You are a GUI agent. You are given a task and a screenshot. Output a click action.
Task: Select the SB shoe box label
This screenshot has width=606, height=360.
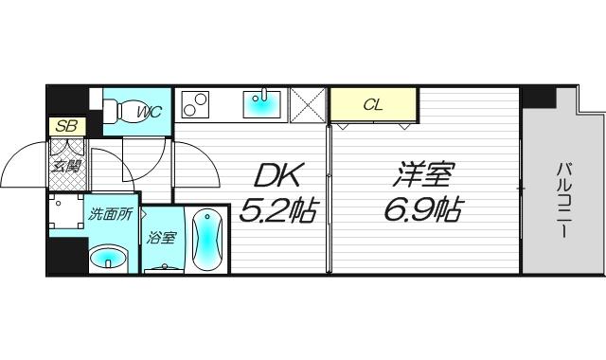pos(64,126)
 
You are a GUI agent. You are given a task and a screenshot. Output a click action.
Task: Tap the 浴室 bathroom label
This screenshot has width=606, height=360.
pos(160,237)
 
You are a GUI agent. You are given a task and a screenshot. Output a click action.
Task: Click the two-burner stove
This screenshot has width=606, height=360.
pos(196,104)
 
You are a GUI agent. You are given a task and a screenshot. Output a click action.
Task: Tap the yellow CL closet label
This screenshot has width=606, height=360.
pos(373,104)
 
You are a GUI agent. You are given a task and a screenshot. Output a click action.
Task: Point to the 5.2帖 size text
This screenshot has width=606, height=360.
pos(277,210)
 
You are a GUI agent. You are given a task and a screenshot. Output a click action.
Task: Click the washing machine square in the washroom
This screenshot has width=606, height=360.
pos(66,213)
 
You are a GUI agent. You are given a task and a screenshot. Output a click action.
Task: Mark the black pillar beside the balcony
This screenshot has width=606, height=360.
pos(536,96)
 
